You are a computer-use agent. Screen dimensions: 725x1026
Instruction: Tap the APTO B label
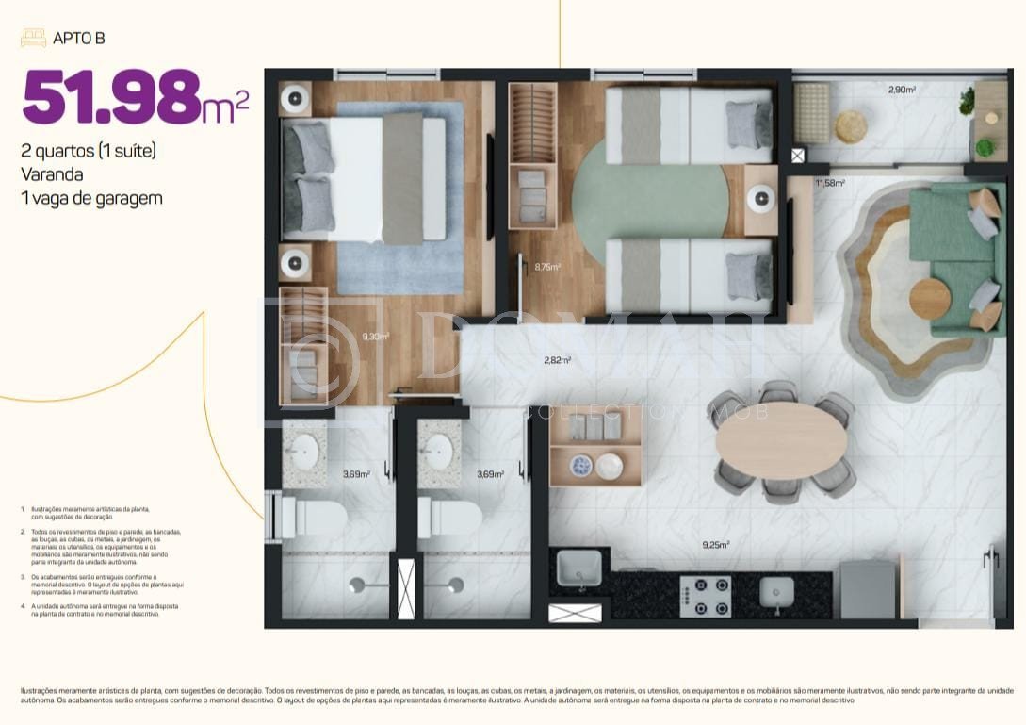coord(78,39)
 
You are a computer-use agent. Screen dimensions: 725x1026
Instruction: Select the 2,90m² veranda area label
coord(902,91)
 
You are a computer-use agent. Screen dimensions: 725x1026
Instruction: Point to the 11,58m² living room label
coord(829,183)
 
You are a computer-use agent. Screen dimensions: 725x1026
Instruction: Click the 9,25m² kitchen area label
coord(715,544)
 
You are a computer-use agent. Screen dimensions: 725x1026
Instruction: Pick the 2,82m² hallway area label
coord(557,360)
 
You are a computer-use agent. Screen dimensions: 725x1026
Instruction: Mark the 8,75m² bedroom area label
coord(546,267)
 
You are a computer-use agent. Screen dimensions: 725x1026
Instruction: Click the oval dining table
coord(780,440)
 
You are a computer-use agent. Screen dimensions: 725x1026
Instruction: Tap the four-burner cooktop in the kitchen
coord(706,595)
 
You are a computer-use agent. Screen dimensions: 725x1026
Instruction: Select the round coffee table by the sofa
coord(930,300)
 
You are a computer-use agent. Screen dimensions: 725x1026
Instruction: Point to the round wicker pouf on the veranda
coord(851,126)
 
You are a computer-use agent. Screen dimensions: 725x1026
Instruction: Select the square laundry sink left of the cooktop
coord(578,568)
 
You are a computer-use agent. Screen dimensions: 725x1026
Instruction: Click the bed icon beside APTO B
coord(33,39)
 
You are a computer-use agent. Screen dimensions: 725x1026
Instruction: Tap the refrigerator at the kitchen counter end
coord(867,590)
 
